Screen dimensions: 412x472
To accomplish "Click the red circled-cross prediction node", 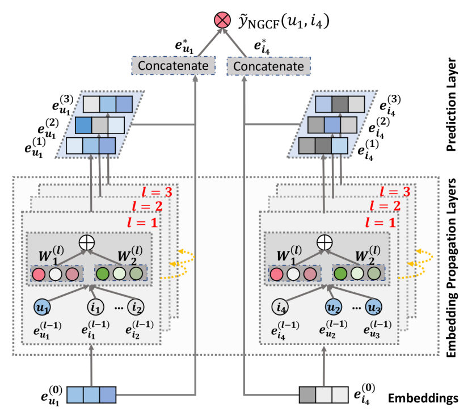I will tap(221, 20).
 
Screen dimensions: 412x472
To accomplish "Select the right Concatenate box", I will tap(268, 66).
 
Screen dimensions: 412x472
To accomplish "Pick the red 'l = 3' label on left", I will tap(157, 192).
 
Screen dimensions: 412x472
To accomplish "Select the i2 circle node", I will tap(137, 307).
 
